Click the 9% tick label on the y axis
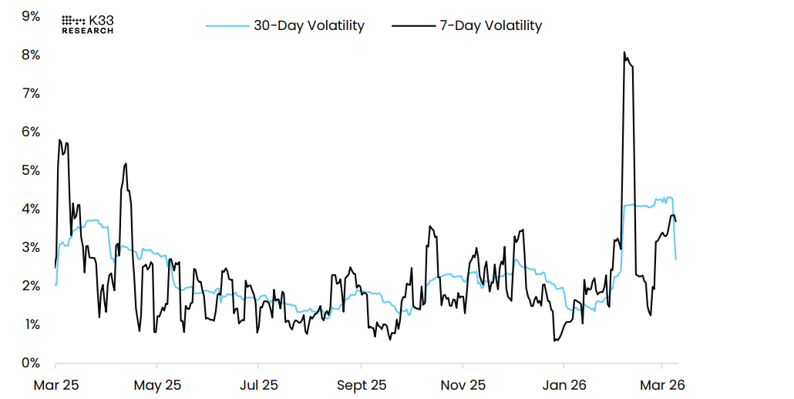pyautogui.click(x=32, y=15)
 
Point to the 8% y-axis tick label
pyautogui.click(x=32, y=55)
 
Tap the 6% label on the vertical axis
pyautogui.click(x=32, y=132)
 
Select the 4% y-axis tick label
pyautogui.click(x=32, y=209)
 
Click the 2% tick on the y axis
pyautogui.click(x=32, y=286)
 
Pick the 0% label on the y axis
pyautogui.click(x=32, y=363)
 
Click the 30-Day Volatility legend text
pyautogui.click(x=308, y=25)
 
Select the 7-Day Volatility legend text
pyautogui.click(x=490, y=25)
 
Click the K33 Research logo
pyautogui.click(x=87, y=24)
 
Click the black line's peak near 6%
pyautogui.click(x=59, y=140)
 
